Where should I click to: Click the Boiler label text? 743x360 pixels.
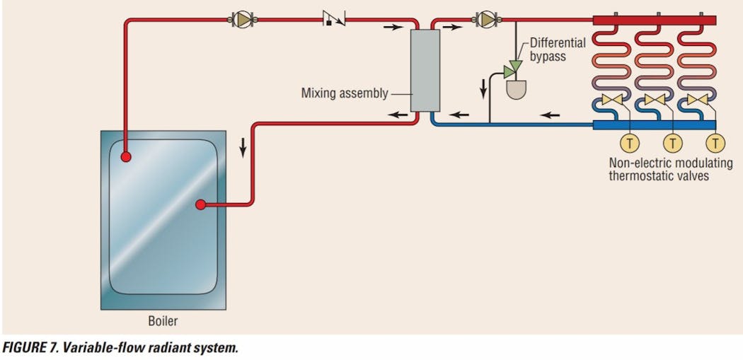point(163,321)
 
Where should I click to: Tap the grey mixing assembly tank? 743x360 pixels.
point(425,69)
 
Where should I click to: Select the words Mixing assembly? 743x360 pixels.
point(345,93)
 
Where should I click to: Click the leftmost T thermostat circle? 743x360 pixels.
point(629,144)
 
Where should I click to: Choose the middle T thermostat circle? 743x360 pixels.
point(673,144)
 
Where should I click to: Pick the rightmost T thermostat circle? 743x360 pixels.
point(716,144)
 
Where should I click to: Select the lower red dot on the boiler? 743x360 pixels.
point(201,205)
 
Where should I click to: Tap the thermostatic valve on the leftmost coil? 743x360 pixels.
point(612,100)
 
